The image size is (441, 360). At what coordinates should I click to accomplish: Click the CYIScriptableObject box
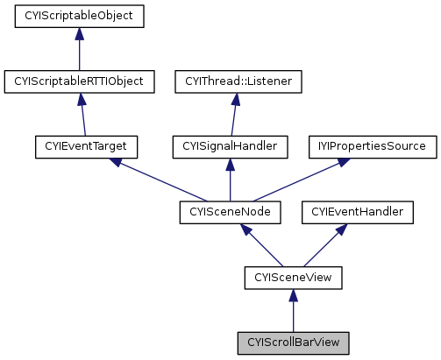pyautogui.click(x=79, y=16)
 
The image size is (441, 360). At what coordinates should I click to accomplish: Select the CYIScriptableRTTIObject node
pyautogui.click(x=79, y=81)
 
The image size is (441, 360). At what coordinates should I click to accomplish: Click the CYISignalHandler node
pyautogui.click(x=230, y=146)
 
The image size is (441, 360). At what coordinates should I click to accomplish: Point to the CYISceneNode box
pyautogui.click(x=230, y=212)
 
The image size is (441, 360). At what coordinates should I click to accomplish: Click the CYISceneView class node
pyautogui.click(x=293, y=278)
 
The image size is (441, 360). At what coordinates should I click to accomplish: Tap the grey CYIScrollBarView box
pyautogui.click(x=293, y=342)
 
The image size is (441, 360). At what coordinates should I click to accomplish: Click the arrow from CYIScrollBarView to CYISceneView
pyautogui.click(x=293, y=310)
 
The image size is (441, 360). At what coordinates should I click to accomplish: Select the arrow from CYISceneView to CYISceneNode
pyautogui.click(x=262, y=244)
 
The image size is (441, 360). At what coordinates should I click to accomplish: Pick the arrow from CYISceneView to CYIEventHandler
pyautogui.click(x=324, y=244)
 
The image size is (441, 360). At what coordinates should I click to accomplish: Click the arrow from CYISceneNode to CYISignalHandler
pyautogui.click(x=230, y=180)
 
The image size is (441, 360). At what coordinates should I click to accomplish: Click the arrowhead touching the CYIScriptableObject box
pyautogui.click(x=79, y=33)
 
